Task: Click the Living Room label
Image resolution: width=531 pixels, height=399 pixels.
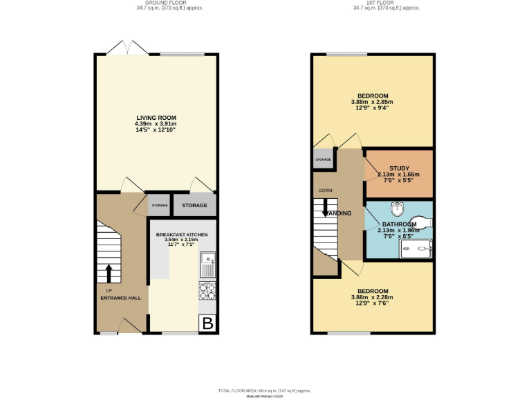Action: (x=156, y=118)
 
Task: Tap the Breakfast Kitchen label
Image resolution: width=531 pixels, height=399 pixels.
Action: (x=182, y=235)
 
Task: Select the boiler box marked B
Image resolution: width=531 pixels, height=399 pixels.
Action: (x=207, y=322)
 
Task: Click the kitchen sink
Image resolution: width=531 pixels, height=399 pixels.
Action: (x=207, y=264)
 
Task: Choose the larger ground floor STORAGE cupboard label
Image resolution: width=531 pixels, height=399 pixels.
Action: (x=194, y=206)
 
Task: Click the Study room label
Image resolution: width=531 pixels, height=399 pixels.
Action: (x=399, y=168)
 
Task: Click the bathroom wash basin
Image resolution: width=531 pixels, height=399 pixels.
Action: (x=396, y=207)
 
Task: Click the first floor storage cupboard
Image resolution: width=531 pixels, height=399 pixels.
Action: (x=323, y=160)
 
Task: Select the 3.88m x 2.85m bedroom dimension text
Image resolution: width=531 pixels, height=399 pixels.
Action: (x=373, y=102)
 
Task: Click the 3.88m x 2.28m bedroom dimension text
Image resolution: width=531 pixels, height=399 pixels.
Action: (x=373, y=297)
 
